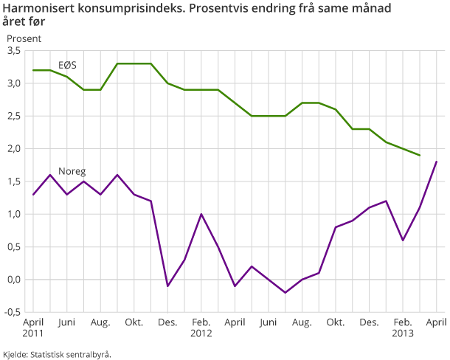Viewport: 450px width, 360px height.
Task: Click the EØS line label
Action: click(67, 65)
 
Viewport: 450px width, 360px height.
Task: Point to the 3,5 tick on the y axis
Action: click(13, 51)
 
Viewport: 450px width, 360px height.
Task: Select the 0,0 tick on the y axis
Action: click(13, 280)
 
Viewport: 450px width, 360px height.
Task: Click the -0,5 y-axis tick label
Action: click(12, 312)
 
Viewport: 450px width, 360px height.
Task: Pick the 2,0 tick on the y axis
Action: click(13, 149)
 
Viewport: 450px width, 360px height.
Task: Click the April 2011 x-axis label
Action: click(33, 327)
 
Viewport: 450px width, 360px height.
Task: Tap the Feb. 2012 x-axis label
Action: click(201, 327)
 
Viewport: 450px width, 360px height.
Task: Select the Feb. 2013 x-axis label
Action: click(403, 327)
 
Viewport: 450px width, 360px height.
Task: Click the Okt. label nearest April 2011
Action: click(134, 322)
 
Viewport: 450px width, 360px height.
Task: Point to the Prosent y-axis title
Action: click(24, 38)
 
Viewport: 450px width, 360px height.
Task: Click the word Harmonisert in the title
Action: click(40, 10)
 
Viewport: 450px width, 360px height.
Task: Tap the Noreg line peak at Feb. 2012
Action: click(201, 214)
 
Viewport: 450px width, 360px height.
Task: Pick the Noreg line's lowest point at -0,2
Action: click(285, 293)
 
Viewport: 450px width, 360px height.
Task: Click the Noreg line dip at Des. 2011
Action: click(167, 286)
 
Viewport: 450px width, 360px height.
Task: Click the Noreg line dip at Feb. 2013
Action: click(403, 240)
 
